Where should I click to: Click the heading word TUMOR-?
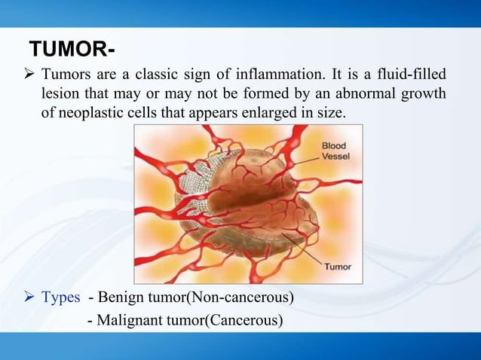72,51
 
